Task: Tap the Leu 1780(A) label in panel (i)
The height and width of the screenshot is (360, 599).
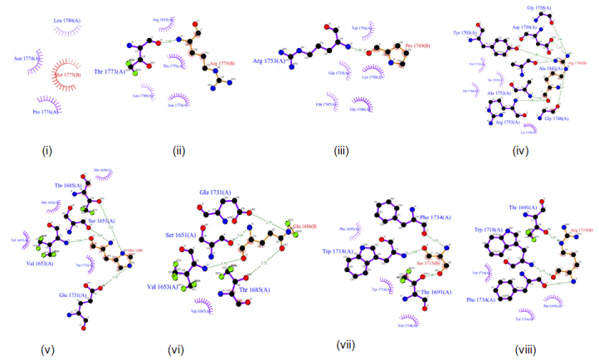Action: [65, 20]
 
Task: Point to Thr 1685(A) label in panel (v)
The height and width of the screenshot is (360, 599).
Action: [70, 186]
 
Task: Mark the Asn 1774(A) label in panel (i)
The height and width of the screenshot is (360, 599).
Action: [25, 59]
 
